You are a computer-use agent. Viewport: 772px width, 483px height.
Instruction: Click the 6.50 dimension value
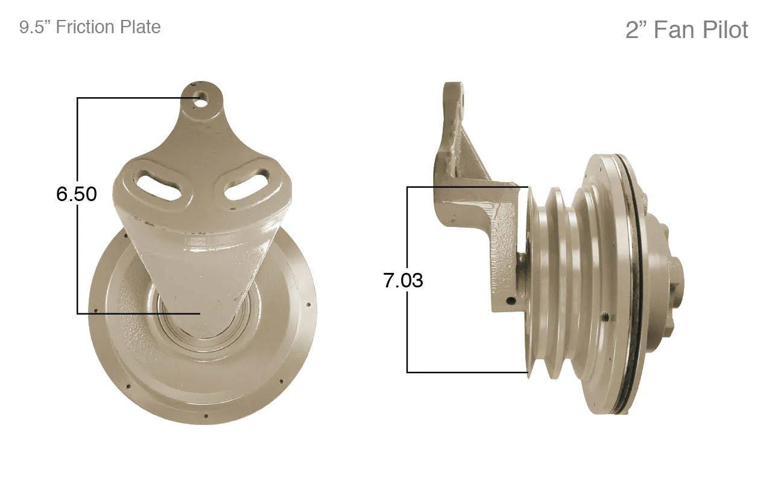77,194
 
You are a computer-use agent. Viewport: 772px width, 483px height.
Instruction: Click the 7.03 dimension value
403,280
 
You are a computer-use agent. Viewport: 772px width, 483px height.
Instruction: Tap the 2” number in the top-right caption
636,30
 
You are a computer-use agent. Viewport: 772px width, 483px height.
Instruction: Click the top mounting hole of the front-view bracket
200,95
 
